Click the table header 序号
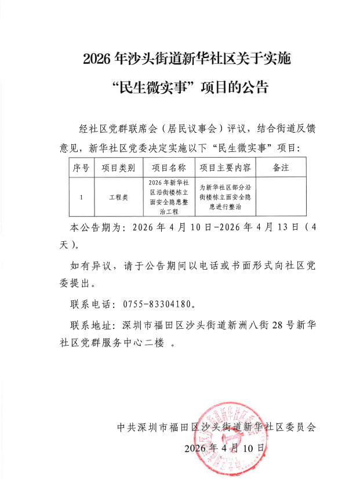[x=81, y=168]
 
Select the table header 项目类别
[x=119, y=168]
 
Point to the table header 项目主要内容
[x=225, y=168]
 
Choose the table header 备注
[x=281, y=168]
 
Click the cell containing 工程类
[x=119, y=197]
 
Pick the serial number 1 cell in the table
[x=81, y=197]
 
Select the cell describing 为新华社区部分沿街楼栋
[x=225, y=197]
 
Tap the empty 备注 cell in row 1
[x=281, y=197]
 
